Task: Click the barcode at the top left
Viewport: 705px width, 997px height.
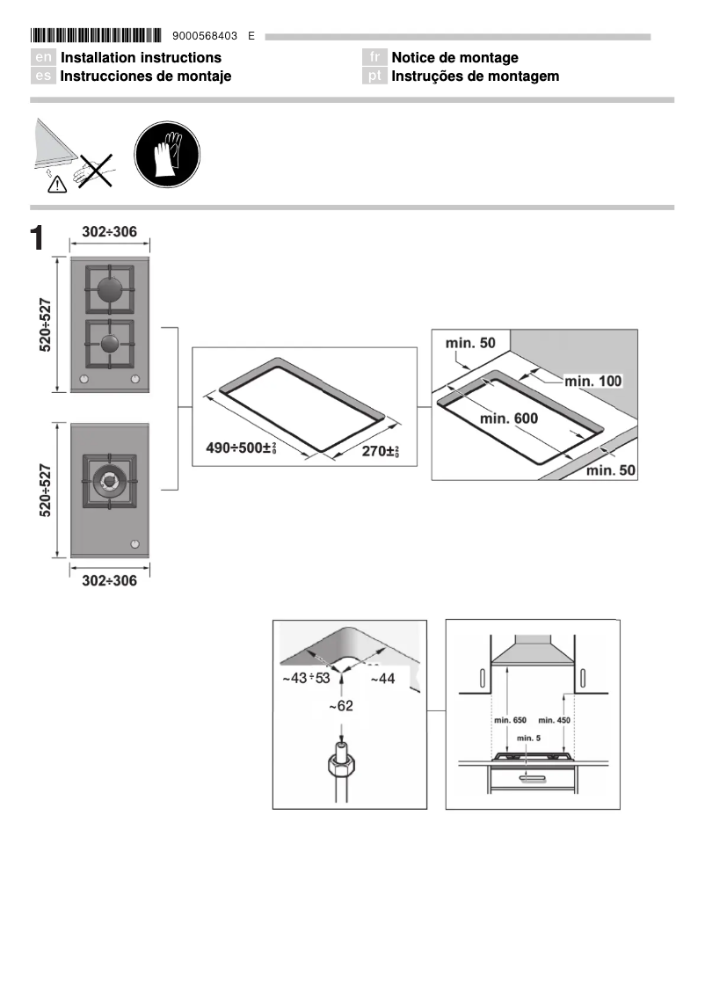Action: pos(96,36)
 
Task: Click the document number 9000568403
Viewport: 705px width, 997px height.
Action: pos(212,36)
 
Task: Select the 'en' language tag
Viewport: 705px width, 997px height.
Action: pos(43,58)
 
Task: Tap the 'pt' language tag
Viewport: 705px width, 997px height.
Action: pos(374,76)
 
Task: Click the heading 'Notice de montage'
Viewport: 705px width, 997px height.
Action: pos(454,58)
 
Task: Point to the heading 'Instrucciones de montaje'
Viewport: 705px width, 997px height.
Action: pos(145,76)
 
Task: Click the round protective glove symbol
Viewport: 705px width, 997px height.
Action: pos(167,155)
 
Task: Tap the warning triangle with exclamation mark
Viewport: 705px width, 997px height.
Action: pos(57,184)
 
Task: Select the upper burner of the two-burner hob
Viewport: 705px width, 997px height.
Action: pos(109,290)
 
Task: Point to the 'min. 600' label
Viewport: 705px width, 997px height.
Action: pos(509,418)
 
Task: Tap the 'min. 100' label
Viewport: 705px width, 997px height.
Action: pos(592,381)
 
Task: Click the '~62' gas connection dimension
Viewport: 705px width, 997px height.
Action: pos(341,706)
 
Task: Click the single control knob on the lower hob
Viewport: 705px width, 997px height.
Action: pos(134,543)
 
